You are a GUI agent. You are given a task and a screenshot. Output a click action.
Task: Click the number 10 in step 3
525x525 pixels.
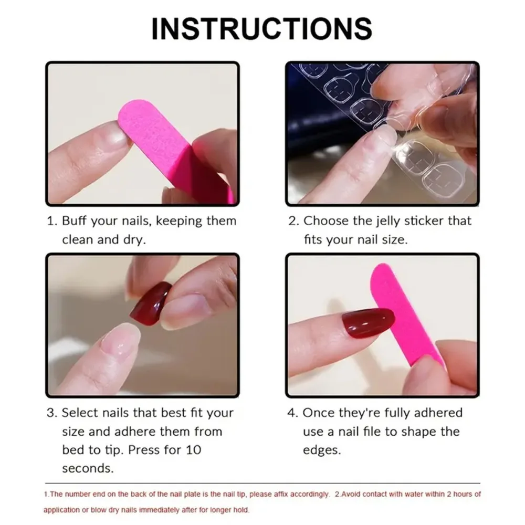(192, 450)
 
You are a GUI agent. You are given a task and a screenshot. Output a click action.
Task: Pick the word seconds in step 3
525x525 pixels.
(87, 468)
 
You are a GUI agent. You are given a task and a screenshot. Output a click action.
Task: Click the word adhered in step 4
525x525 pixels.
(438, 413)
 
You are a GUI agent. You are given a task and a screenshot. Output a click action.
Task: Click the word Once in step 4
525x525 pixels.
(317, 413)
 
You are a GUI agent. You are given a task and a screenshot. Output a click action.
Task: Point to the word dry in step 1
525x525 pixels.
(134, 239)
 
